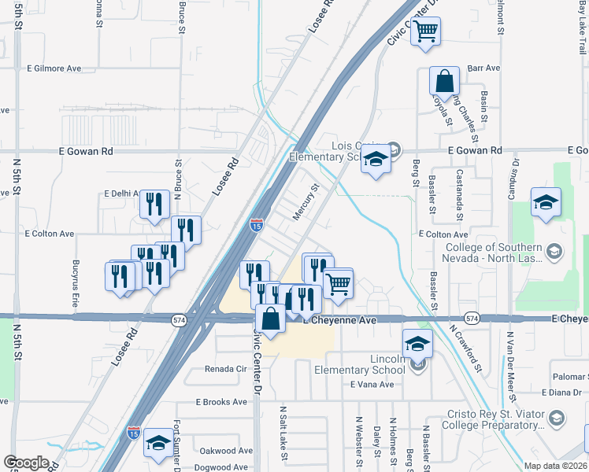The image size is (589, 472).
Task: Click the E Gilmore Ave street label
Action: point(54,68)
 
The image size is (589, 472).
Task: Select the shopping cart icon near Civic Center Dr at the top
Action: point(426,32)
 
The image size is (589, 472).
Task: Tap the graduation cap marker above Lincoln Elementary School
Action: point(417,343)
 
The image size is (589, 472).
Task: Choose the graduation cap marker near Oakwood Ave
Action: point(158,443)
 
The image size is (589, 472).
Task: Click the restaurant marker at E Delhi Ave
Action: point(154,205)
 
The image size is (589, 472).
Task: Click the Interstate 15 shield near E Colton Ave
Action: point(257,225)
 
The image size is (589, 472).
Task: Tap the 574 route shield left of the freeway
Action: point(179,318)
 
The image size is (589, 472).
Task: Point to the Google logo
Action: point(27,463)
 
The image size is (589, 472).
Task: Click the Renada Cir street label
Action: point(226,368)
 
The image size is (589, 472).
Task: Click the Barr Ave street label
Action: point(483,68)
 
